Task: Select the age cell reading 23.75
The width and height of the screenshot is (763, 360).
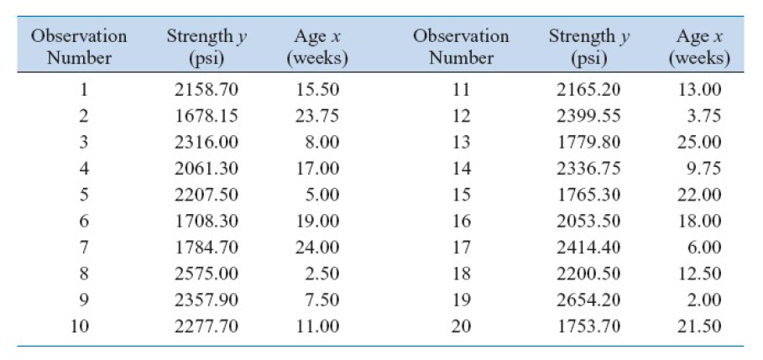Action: tap(316, 115)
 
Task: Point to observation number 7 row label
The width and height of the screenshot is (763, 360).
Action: tap(83, 248)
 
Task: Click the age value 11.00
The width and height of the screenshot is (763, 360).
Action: tap(316, 326)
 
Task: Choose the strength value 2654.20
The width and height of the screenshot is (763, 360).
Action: tap(588, 300)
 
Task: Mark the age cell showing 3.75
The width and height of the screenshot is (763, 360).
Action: tap(703, 115)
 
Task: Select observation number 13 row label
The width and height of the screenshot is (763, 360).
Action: tap(461, 142)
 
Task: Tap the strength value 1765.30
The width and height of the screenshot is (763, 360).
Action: tap(588, 195)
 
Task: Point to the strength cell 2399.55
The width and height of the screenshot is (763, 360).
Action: tap(588, 115)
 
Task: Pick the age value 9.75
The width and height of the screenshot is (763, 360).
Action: tap(703, 169)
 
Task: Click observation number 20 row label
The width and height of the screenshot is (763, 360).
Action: tap(461, 326)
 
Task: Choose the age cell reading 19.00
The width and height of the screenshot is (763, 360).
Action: tap(316, 222)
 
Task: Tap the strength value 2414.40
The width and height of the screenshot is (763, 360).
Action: tap(588, 248)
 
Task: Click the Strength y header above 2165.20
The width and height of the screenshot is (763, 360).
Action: tap(588, 48)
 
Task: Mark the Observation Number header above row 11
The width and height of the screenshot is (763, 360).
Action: tap(461, 48)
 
